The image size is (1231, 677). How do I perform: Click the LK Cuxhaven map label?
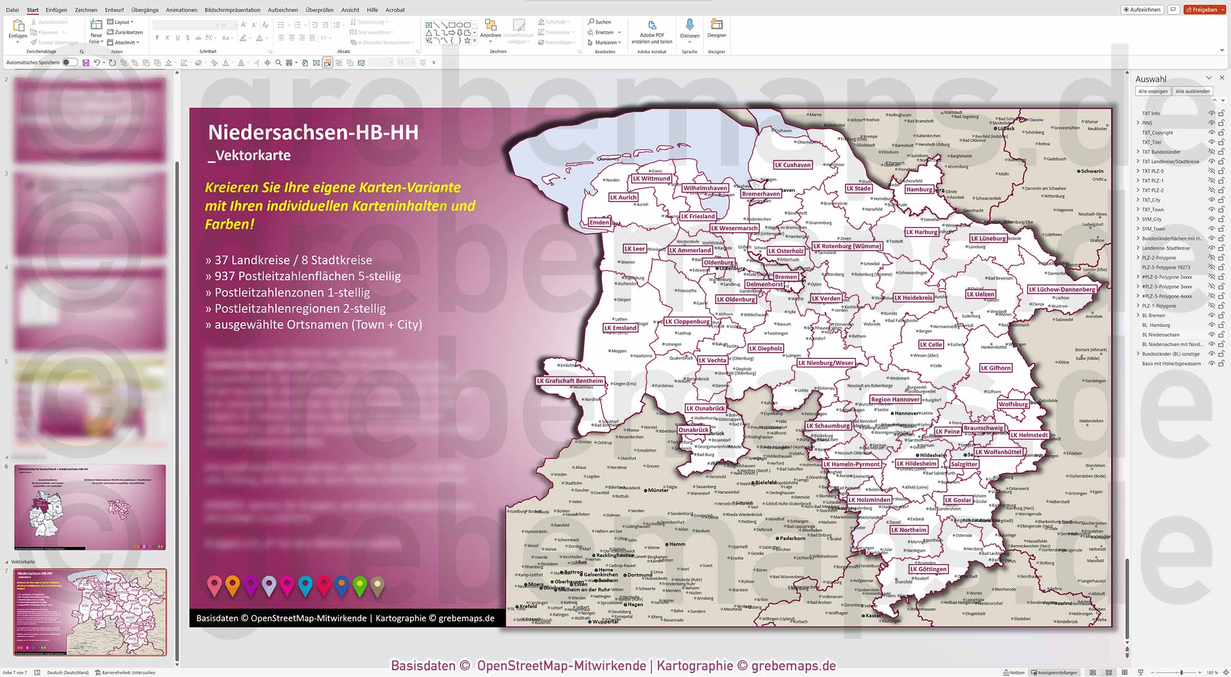coord(792,165)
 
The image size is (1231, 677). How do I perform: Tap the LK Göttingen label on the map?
coord(928,569)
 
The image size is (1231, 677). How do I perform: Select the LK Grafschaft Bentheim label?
coord(570,381)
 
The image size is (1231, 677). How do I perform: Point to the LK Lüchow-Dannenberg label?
coord(1061,290)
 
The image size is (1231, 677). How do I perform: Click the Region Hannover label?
coord(895,399)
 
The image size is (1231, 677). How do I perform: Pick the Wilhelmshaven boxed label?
coord(704,188)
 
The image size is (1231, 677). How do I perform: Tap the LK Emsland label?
coord(620,328)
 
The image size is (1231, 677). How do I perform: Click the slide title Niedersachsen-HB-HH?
coord(313,133)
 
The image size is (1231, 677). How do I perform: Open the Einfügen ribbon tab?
coord(56,10)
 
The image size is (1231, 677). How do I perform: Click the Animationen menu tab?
coord(181,10)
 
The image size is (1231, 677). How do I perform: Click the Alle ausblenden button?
coord(1192,91)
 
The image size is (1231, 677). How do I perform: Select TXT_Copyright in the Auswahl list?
coord(1157,133)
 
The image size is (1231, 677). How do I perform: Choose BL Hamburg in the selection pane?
coord(1155,325)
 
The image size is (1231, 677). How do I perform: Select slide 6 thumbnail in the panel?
coord(90,507)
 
